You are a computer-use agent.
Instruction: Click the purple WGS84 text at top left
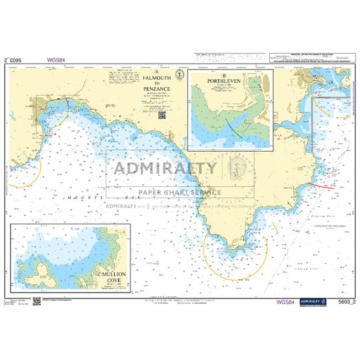[x=56, y=60]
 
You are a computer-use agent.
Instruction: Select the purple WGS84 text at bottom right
[x=288, y=302]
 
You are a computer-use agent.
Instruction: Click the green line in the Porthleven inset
[x=234, y=123]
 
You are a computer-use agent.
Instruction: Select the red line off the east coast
[x=322, y=186]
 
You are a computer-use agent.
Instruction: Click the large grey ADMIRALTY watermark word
[x=166, y=169]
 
